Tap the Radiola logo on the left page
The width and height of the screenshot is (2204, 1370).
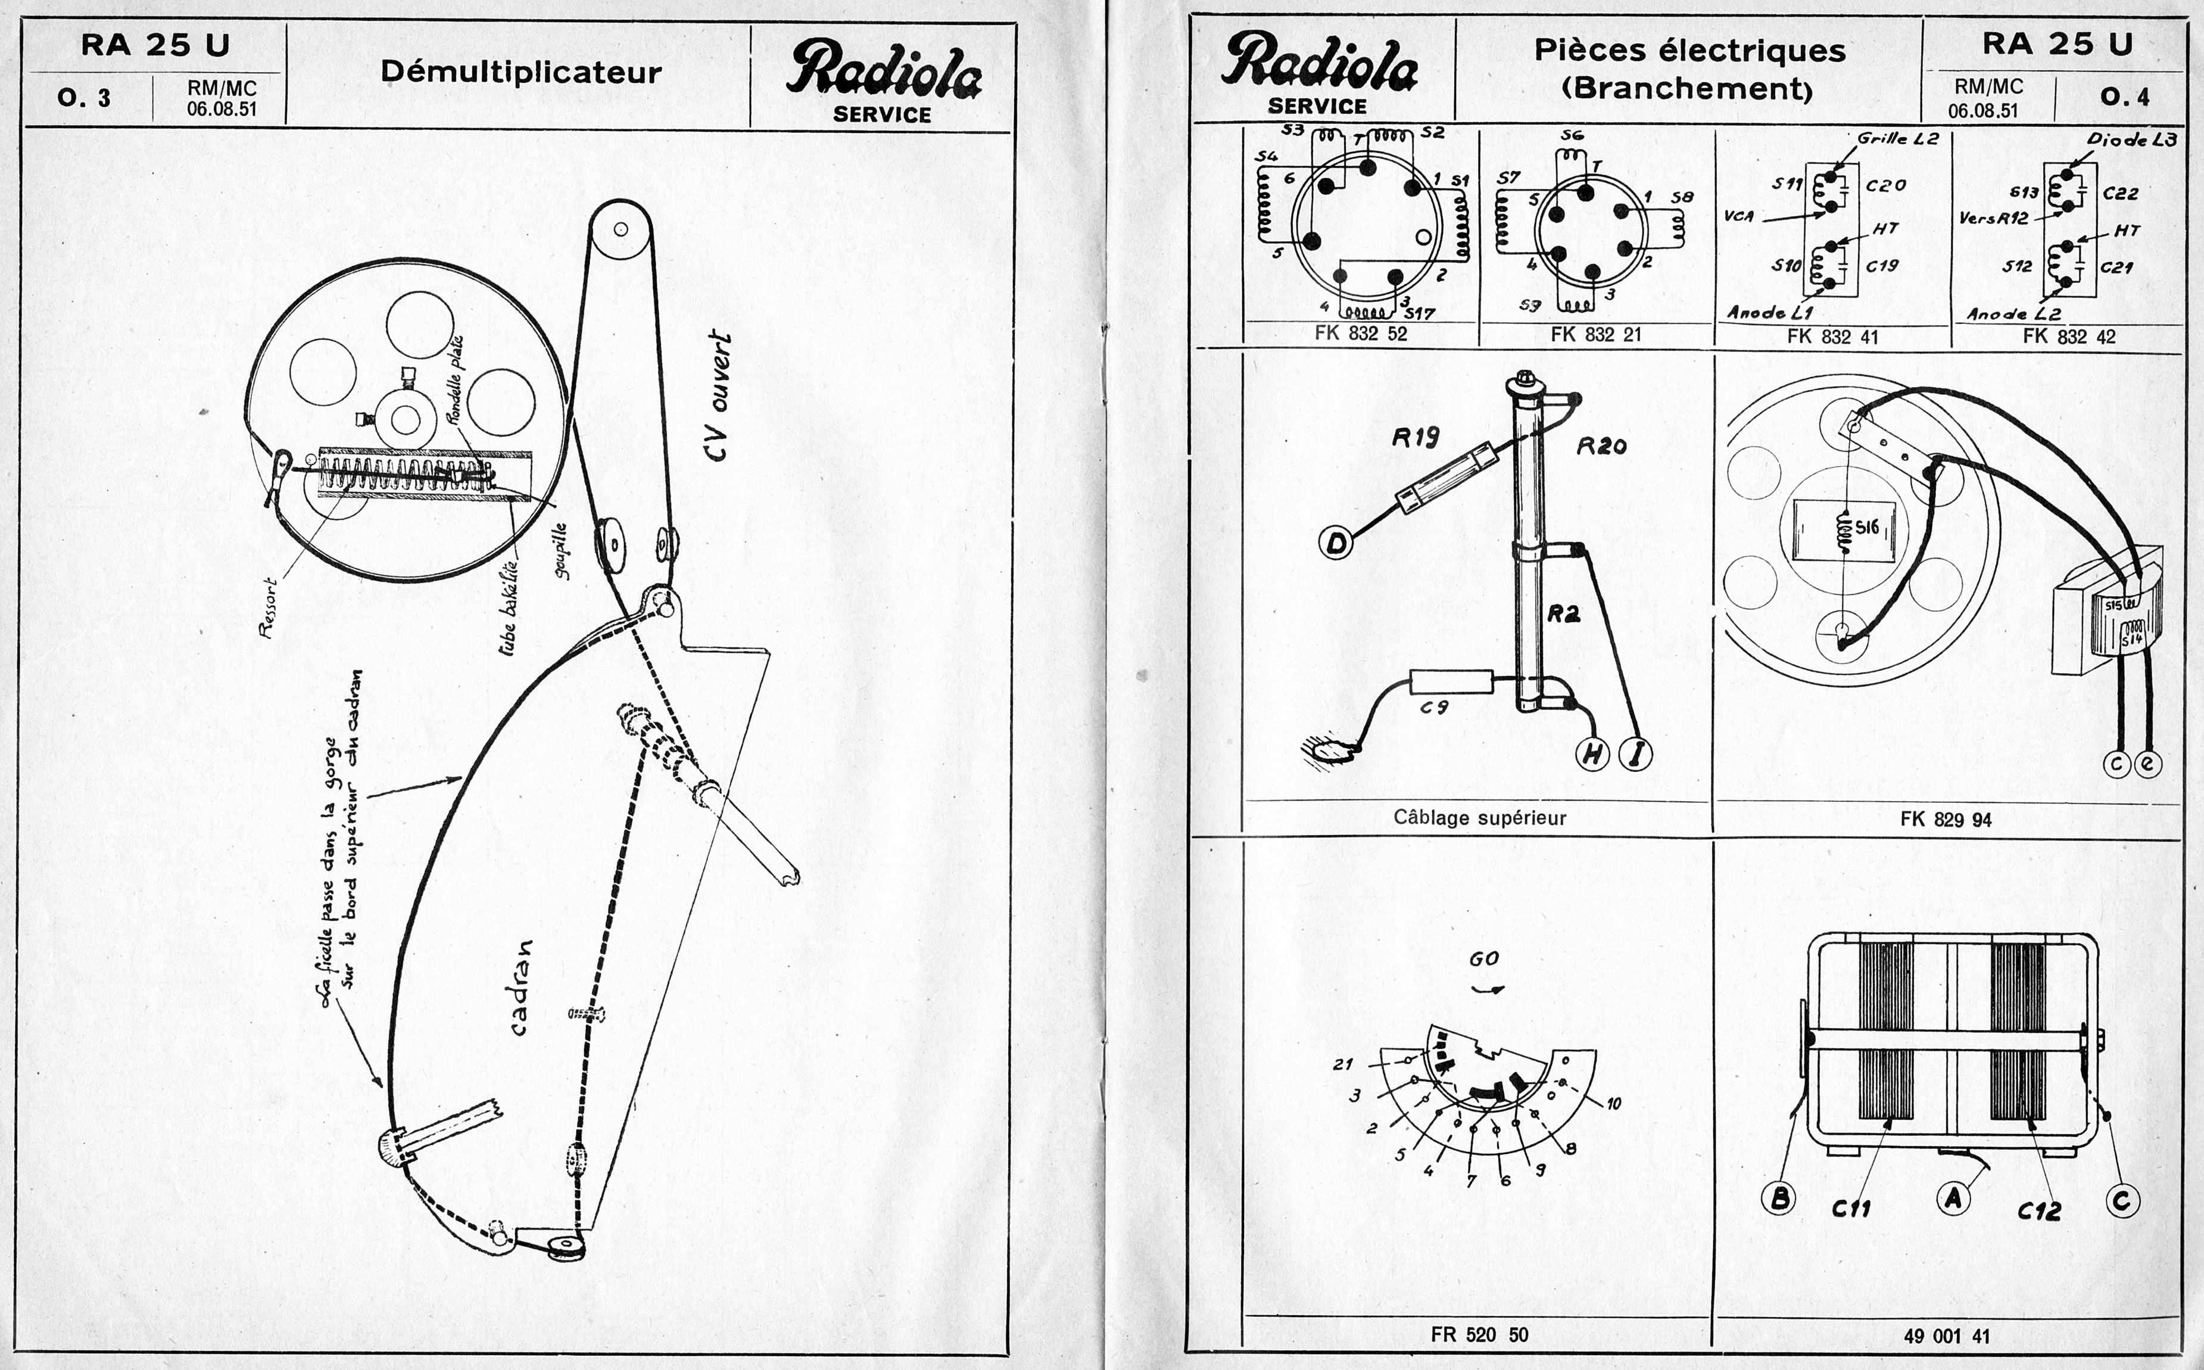[883, 71]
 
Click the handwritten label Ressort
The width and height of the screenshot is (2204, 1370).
[267, 608]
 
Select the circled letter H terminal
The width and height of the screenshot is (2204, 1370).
[1592, 754]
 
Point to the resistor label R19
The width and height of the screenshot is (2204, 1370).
[1415, 438]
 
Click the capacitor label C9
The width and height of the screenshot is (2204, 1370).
[1434, 708]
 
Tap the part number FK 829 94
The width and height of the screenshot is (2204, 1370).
[1945, 820]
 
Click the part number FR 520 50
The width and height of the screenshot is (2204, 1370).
[1479, 1335]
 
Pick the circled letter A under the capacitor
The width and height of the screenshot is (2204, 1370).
[1953, 1198]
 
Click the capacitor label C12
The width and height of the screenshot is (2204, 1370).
[2038, 1210]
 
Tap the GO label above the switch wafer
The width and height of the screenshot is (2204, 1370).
[1484, 958]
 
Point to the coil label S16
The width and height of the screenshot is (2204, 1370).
[1867, 527]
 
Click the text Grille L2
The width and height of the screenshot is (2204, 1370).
[1897, 139]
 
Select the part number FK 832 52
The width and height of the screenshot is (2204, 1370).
[1360, 334]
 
